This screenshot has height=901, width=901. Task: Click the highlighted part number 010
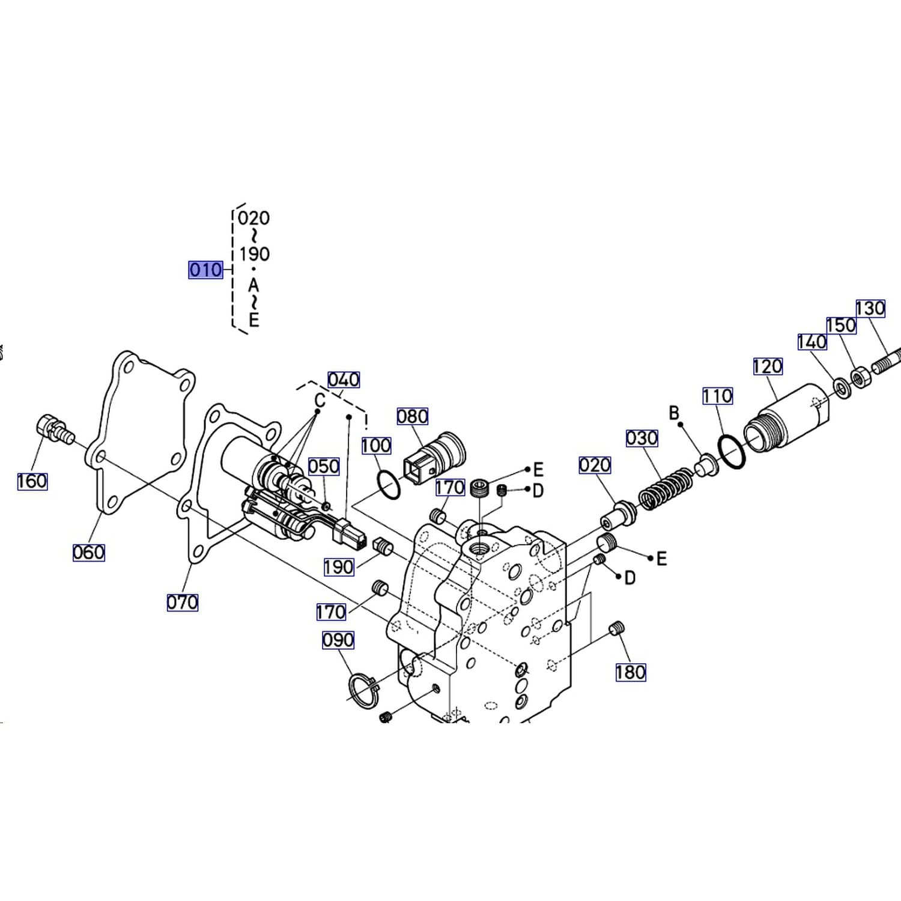[205, 270]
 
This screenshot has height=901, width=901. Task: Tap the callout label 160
[32, 481]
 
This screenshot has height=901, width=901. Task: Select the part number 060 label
[89, 552]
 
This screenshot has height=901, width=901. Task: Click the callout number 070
[183, 602]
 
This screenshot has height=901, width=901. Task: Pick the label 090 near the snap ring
[338, 640]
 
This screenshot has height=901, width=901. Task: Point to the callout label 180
[631, 672]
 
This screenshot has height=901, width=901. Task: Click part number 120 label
[768, 366]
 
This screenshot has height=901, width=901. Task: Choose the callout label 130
[870, 309]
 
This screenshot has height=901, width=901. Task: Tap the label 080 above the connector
[413, 416]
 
